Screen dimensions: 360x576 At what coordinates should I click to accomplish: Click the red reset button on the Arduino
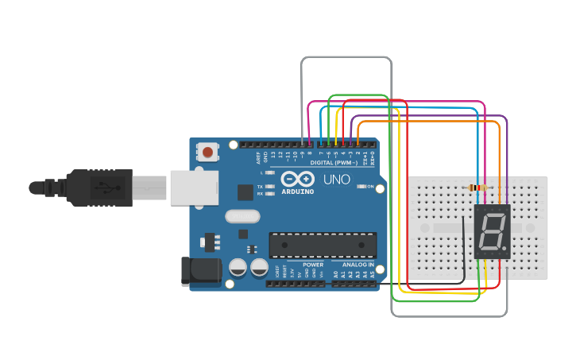208,151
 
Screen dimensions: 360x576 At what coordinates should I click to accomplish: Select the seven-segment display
492,231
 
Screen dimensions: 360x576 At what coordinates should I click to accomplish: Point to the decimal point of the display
504,248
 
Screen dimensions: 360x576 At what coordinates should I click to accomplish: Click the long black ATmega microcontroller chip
322,245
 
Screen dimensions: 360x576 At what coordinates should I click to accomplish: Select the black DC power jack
200,271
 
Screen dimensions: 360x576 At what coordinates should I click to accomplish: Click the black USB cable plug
99,188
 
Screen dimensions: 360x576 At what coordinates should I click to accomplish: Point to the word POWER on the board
312,265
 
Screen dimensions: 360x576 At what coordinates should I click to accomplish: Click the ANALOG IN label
358,265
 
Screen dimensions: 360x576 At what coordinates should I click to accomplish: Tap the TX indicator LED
270,186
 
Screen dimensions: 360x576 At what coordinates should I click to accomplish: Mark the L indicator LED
270,172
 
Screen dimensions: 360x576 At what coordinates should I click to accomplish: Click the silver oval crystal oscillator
242,216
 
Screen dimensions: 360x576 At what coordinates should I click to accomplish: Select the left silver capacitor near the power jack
238,268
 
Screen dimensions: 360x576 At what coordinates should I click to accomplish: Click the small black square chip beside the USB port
245,192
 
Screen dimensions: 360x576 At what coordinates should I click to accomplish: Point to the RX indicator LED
270,193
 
